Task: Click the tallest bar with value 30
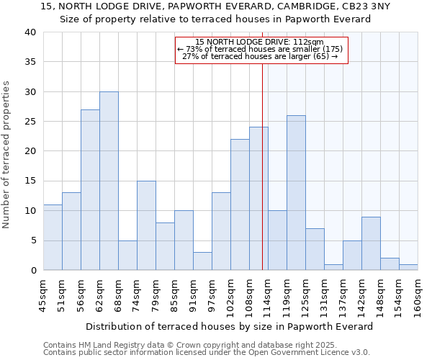pos(109,181)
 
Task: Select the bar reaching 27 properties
pos(90,190)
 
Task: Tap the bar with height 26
pos(296,193)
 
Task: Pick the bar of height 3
pos(202,261)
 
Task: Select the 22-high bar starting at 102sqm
pos(240,204)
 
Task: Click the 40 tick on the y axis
pos(30,32)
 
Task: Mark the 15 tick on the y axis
pos(30,181)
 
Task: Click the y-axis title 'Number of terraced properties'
pos(6,155)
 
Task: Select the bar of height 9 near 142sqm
pos(371,243)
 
